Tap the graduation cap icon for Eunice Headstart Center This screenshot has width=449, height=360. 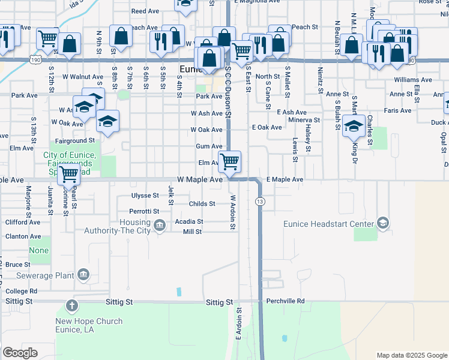[382, 224]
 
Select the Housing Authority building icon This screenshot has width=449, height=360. [160, 226]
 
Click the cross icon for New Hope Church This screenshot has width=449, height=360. [71, 307]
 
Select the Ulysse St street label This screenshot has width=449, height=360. [145, 196]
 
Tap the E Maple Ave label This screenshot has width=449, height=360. [285, 179]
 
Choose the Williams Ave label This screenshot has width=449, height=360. [412, 79]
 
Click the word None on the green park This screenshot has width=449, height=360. [38, 251]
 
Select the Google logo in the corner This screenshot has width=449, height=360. [20, 353]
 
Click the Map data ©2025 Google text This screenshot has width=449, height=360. [412, 355]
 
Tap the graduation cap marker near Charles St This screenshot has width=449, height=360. [354, 127]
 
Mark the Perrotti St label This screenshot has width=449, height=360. [144, 211]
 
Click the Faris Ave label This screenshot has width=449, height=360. [398, 110]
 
